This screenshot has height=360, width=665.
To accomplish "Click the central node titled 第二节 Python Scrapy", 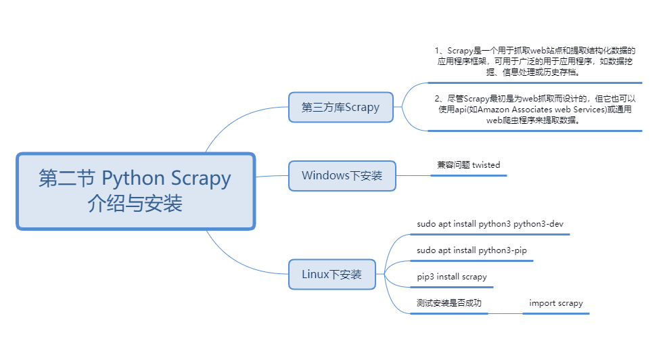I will coord(135,191).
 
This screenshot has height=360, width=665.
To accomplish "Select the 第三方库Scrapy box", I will coord(341,107).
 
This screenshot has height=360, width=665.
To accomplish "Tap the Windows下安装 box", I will coord(342,176).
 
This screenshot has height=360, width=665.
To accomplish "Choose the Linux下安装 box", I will coord(331,274).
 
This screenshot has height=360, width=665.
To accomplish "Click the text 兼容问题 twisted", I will coord(468,164).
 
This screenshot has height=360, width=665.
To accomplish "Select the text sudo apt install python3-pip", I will coord(472,250).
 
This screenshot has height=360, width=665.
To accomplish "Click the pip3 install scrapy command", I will coord(451,277).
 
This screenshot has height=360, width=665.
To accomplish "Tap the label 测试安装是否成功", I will coord(449,303).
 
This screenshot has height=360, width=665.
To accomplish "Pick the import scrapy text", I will coord(556,303).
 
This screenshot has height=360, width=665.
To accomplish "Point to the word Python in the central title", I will coord(133,179).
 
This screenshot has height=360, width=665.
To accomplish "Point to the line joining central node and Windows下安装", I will coord(272,176).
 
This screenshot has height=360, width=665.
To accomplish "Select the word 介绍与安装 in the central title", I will coord(135,204).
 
